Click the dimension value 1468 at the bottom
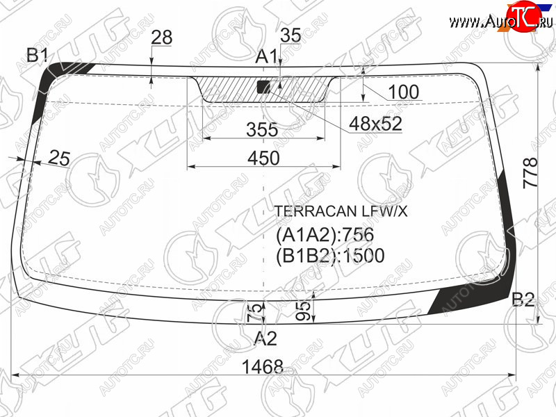point(263,366)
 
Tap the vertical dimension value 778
point(530,172)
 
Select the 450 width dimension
point(263,158)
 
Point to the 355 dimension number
point(263,129)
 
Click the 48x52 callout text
point(375,124)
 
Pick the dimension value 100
point(404,92)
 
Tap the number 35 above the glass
point(291,35)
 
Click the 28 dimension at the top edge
point(162,38)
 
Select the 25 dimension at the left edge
point(59,158)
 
